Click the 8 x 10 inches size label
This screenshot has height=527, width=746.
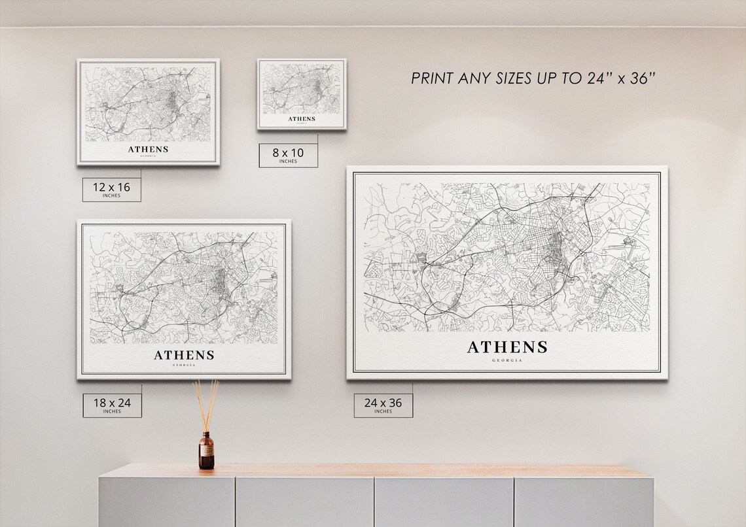[x=288, y=156]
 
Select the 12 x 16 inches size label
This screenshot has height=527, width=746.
[x=111, y=189]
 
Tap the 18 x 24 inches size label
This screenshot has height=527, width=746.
[x=112, y=405]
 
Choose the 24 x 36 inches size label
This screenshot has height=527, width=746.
[x=383, y=405]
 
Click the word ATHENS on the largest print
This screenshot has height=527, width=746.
[x=506, y=347]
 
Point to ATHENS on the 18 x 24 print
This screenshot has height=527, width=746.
[x=184, y=356]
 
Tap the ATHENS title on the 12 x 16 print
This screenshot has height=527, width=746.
[x=148, y=149]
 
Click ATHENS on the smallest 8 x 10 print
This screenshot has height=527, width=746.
[x=302, y=119]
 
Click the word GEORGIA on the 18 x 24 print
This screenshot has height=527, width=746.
[x=184, y=365]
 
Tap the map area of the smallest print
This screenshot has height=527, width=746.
[x=301, y=90]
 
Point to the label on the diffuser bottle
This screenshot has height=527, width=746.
[x=206, y=452]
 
